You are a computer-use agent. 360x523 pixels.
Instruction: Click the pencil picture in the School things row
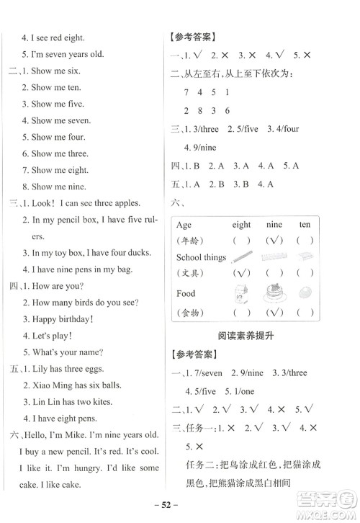click(x=240, y=257)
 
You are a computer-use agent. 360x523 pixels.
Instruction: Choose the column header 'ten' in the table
click(x=305, y=224)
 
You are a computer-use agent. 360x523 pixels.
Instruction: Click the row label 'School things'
click(x=201, y=257)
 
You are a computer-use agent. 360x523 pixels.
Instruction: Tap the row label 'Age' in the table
click(x=184, y=224)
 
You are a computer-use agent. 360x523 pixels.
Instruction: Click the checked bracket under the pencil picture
click(x=240, y=274)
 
